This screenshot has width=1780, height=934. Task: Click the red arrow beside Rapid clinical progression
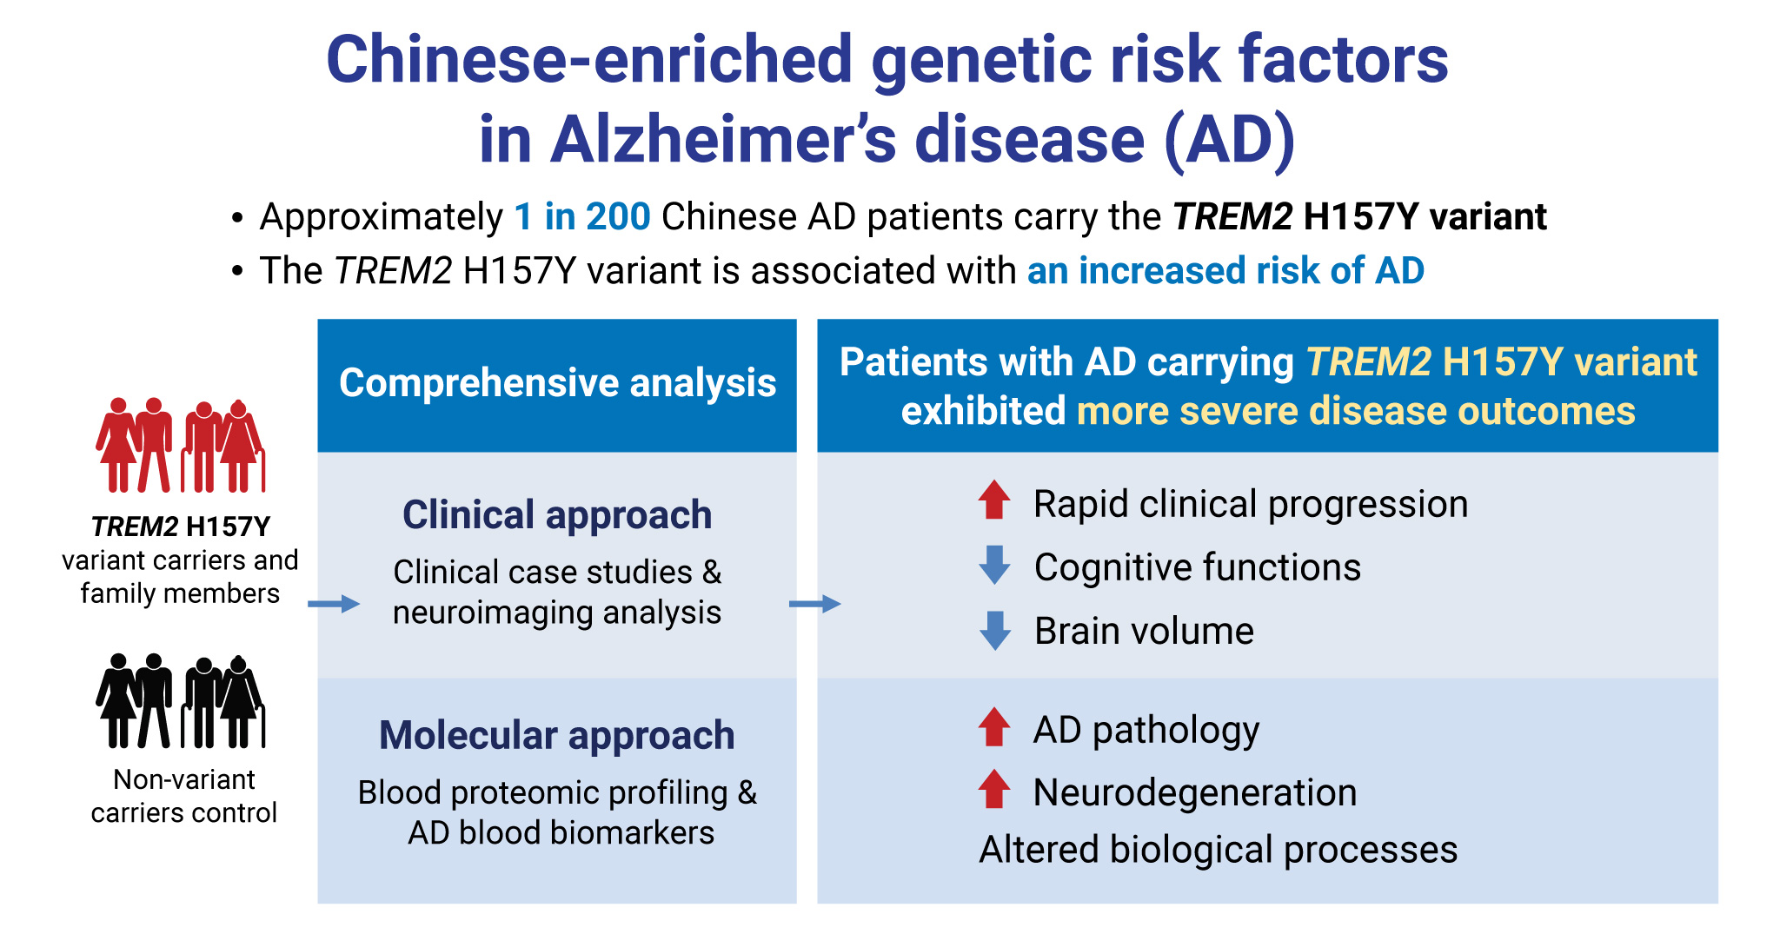pos(994,500)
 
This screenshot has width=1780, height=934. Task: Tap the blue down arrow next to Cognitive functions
pos(994,565)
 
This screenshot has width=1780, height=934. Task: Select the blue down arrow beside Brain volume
pos(994,631)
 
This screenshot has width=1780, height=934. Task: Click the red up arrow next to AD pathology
pos(994,727)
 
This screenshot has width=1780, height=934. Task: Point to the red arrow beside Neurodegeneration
pos(994,789)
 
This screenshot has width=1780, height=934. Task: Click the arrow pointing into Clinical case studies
pos(334,604)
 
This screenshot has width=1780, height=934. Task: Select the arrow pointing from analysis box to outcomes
pos(815,604)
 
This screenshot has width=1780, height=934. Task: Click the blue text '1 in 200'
pos(582,216)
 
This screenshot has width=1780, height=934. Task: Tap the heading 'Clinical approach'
pos(557,514)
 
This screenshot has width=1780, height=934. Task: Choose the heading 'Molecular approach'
pos(557,735)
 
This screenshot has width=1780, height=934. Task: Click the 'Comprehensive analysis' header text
pos(557,383)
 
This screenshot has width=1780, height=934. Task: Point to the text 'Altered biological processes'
pos(1219,850)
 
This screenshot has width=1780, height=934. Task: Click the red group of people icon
pos(181,445)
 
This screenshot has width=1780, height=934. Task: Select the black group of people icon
pos(181,700)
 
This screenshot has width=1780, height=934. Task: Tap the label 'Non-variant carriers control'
pos(183,796)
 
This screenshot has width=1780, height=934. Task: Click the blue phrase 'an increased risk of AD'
pos(1225,270)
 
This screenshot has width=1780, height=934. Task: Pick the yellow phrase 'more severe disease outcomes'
pos(1356,411)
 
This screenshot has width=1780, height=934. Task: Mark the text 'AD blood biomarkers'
pos(561,832)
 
